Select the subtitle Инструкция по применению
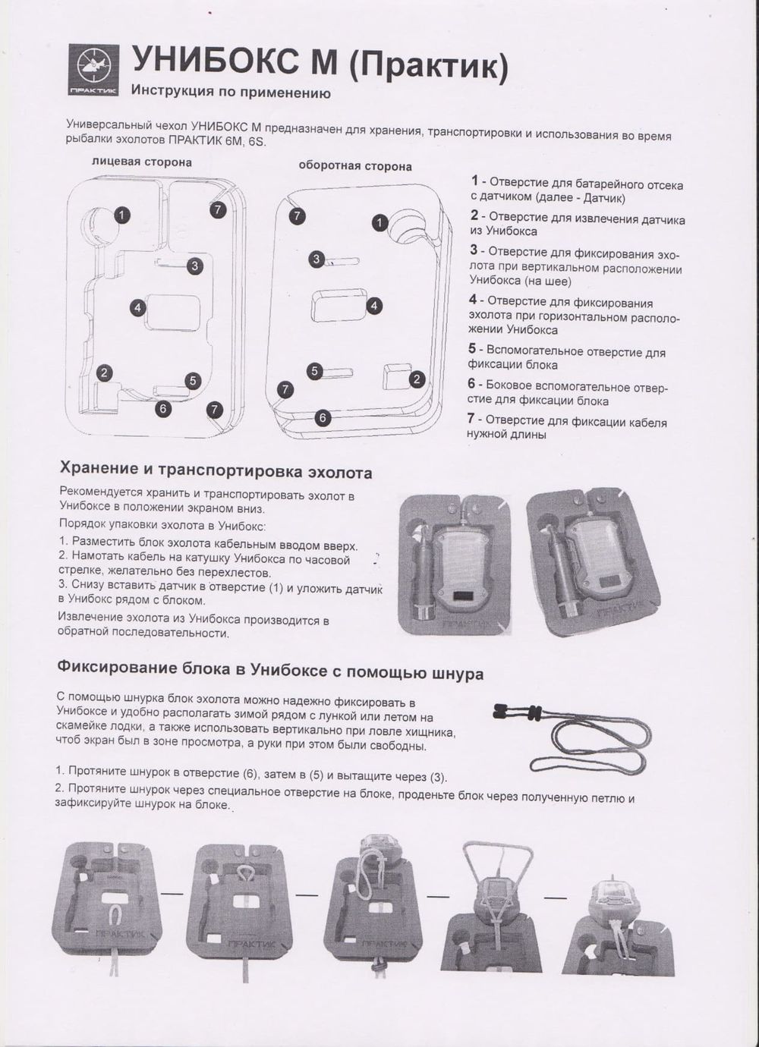pyautogui.click(x=231, y=93)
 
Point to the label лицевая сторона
pyautogui.click(x=141, y=162)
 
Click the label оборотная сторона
pyautogui.click(x=355, y=165)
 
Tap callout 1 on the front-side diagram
pyautogui.click(x=121, y=215)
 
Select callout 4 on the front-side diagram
pyautogui.click(x=137, y=308)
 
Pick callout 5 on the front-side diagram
pyautogui.click(x=193, y=380)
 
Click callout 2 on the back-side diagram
pyautogui.click(x=416, y=379)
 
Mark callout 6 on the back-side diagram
pyautogui.click(x=323, y=417)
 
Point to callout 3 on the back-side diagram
pyautogui.click(x=317, y=259)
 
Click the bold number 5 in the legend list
pyautogui.click(x=472, y=349)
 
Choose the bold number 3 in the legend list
pyautogui.click(x=474, y=250)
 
